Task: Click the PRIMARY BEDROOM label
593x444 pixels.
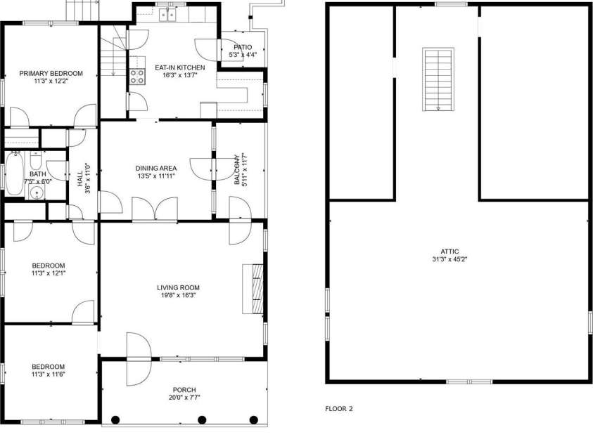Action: tap(51, 73)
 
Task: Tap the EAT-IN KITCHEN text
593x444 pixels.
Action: tap(179, 67)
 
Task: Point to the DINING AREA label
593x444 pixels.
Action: tap(155, 168)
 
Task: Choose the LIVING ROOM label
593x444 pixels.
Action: tap(178, 287)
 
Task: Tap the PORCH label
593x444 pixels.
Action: tap(184, 390)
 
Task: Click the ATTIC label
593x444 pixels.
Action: tap(450, 251)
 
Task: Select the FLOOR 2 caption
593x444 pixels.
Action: tap(338, 408)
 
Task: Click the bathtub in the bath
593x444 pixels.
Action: tap(15, 174)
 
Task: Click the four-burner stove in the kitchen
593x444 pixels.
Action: tap(136, 76)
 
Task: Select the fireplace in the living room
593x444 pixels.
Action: tap(253, 288)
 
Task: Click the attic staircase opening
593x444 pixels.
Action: tap(437, 79)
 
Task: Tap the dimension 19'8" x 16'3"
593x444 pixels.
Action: tap(178, 296)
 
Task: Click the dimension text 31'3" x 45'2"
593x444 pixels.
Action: tap(450, 259)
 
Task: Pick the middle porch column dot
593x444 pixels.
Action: tap(201, 419)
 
